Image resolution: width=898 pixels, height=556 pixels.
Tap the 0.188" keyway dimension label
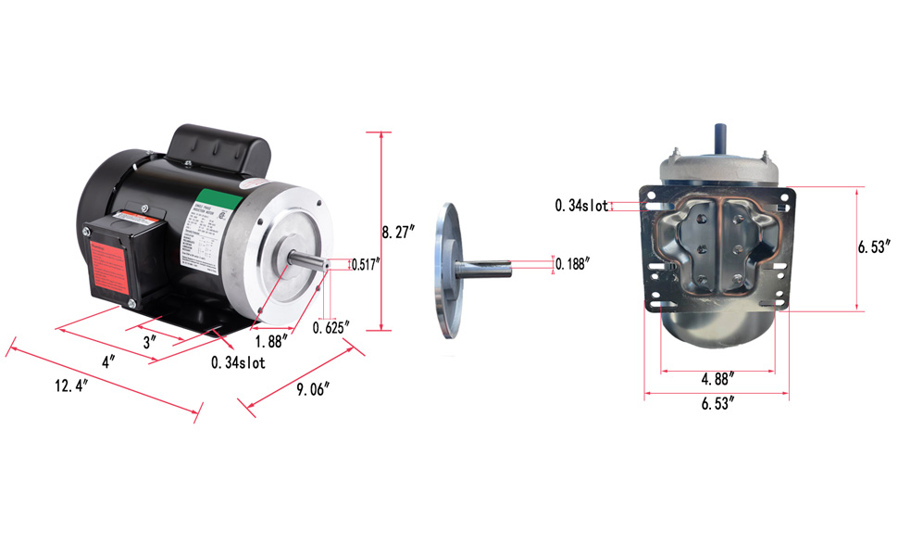pos(575,264)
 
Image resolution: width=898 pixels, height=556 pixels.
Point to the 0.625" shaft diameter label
pos(331,327)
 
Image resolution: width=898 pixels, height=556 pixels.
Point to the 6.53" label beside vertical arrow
pos(875,247)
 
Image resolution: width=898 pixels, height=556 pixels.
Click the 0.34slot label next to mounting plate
pos(581,206)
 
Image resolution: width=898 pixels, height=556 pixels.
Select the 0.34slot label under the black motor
pos(238,363)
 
